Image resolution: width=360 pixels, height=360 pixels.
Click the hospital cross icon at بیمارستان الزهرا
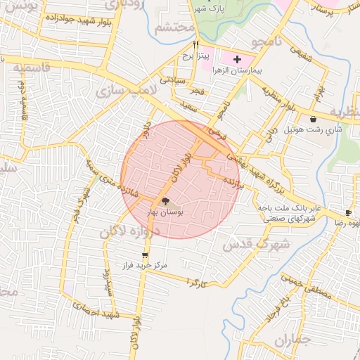[236, 60]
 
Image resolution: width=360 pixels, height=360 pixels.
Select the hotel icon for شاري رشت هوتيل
[312, 120]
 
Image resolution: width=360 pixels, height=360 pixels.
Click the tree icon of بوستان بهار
[165, 201]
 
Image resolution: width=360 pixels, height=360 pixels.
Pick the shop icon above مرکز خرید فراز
[145, 255]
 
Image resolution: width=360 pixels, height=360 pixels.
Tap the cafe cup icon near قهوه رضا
[348, 212]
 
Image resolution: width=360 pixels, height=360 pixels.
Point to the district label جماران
[292, 341]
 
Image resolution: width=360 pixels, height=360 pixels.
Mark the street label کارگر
[195, 282]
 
